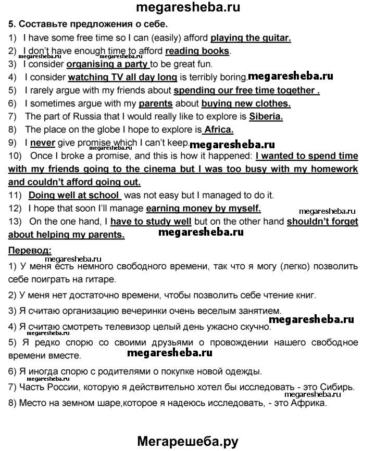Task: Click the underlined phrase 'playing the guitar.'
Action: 251,37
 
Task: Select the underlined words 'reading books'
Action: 197,50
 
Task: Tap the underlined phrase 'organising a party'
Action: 108,65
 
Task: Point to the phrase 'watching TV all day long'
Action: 123,78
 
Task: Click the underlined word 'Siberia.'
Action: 266,117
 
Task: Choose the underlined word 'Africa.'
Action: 218,130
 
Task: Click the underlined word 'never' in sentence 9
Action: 43,143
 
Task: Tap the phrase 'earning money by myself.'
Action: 203,208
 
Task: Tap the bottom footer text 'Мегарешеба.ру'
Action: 187,441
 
